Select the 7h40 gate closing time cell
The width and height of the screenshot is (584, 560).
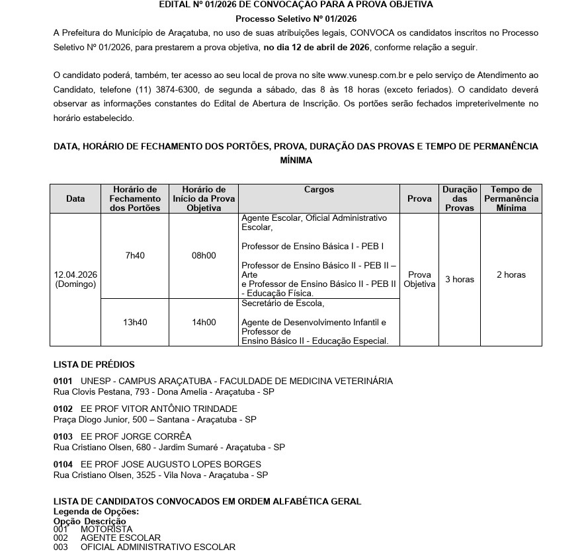[135, 255]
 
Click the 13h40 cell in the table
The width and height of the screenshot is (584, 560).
[135, 323]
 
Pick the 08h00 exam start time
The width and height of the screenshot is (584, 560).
[204, 255]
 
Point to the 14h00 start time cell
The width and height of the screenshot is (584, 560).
[204, 323]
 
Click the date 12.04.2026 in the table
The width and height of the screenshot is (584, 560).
[75, 275]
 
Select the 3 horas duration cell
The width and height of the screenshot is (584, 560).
[459, 280]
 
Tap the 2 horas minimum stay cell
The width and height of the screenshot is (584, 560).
[511, 275]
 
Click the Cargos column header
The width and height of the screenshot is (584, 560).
[319, 190]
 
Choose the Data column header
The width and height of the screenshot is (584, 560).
[75, 198]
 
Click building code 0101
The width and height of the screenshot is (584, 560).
[63, 381]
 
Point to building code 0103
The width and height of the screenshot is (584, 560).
[63, 436]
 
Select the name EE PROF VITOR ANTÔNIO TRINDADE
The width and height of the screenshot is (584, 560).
[159, 409]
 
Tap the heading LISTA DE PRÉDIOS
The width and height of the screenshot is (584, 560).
[94, 364]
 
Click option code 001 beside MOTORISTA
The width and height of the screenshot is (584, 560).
[60, 529]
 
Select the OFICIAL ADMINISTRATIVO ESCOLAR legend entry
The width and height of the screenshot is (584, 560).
[157, 547]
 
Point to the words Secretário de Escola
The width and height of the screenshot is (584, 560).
[283, 304]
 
